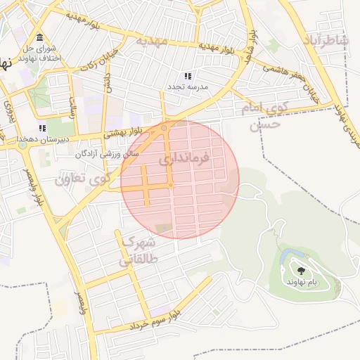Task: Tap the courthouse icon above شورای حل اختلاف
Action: pos(38,38)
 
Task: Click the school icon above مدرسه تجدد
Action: pos(187,75)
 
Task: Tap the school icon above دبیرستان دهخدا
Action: pos(42,128)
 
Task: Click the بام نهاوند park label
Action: pos(302,281)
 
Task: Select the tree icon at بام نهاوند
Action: pos(302,271)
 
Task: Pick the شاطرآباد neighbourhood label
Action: pos(326,41)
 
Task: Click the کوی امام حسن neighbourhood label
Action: pos(264,117)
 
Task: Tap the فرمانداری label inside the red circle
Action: pos(184,160)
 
